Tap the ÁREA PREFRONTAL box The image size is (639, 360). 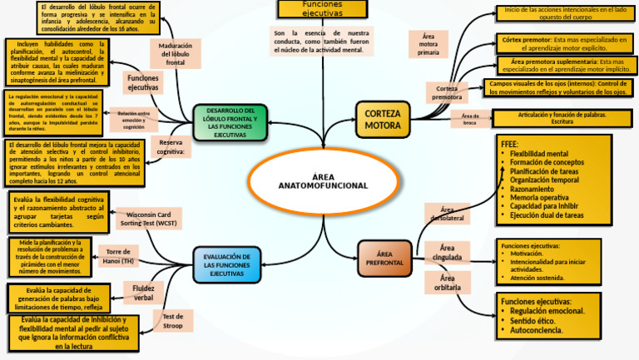click(384, 258)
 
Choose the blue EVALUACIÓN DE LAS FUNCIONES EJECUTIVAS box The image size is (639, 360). click(227, 265)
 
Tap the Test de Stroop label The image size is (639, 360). click(173, 320)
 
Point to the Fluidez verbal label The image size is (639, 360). click(143, 292)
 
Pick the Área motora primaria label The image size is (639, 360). click(429, 44)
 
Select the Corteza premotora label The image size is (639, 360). click(447, 92)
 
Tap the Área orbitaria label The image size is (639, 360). click(447, 283)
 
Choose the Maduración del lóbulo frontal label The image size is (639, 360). click(176, 53)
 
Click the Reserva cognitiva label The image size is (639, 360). click(171, 147)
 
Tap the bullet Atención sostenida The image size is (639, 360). click(537, 279)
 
